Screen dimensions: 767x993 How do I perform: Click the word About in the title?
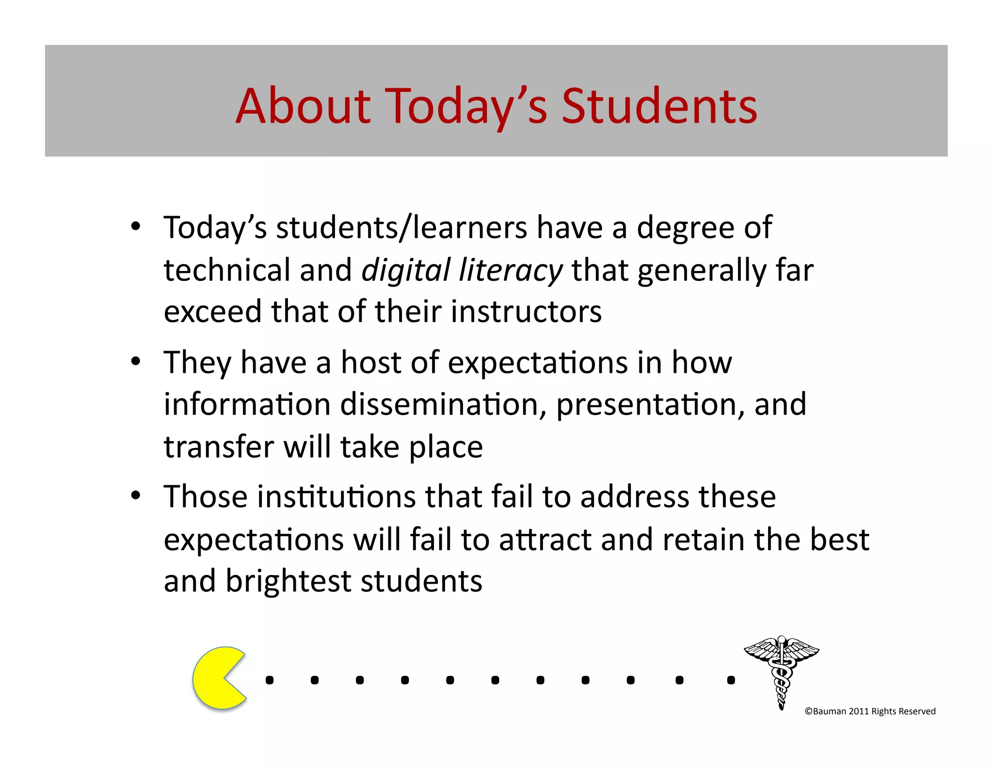pos(303,106)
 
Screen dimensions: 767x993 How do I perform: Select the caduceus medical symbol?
pos(781,671)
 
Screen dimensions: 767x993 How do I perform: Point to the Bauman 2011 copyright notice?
pos(870,711)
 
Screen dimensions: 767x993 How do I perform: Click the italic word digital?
pos(406,270)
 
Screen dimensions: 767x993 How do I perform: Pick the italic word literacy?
pos(511,270)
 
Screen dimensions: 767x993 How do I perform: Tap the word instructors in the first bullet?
pos(526,311)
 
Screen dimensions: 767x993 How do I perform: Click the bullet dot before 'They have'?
pos(136,361)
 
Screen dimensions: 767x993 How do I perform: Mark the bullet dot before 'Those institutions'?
pos(136,495)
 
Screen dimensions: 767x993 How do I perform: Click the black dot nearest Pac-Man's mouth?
pos(270,680)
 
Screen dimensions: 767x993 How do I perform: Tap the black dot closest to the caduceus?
pos(731,680)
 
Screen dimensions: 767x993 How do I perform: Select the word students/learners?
pos(401,227)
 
